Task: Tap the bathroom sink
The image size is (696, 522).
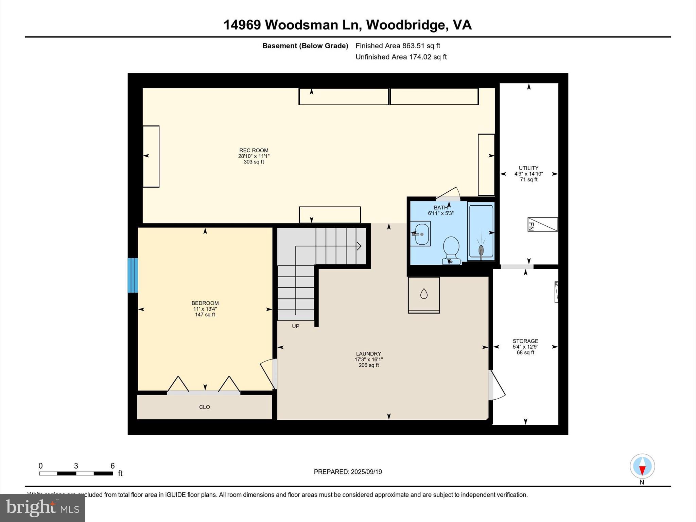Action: [x=421, y=234]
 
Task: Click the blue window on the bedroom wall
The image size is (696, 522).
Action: [x=133, y=275]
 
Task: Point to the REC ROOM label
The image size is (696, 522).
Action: [x=254, y=150]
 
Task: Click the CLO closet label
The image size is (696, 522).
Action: [x=204, y=407]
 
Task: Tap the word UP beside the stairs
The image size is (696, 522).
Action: [x=296, y=326]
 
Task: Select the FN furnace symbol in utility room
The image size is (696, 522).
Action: [x=542, y=224]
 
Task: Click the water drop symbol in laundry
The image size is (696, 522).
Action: [x=424, y=294]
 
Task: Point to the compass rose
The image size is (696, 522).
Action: [x=642, y=466]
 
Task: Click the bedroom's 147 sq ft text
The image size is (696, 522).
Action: [x=205, y=315]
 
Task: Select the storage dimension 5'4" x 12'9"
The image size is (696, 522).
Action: [x=525, y=347]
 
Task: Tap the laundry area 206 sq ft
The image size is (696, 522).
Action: [x=368, y=365]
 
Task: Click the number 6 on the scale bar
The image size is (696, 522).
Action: [x=112, y=466]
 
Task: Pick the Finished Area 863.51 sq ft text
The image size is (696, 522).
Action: [x=398, y=46]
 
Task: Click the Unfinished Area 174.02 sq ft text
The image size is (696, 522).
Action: [x=401, y=57]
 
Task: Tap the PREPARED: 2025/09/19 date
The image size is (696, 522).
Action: [x=348, y=472]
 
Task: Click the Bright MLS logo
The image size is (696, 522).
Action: [x=42, y=508]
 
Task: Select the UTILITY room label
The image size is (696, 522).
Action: [x=528, y=168]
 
